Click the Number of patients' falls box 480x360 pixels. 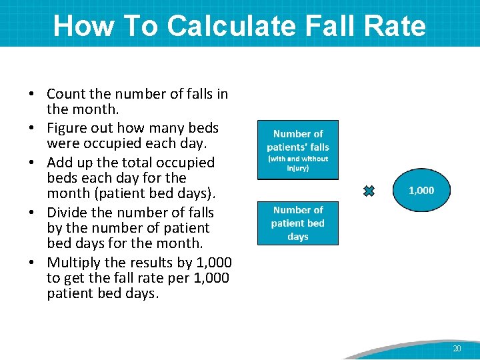[298, 149]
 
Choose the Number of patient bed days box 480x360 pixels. [298, 223]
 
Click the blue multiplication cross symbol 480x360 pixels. [369, 191]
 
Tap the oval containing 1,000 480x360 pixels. [421, 191]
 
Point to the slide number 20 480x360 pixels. [457, 349]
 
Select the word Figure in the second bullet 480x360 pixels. [68, 128]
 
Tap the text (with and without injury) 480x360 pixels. [298, 163]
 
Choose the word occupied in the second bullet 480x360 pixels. [107, 143]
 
